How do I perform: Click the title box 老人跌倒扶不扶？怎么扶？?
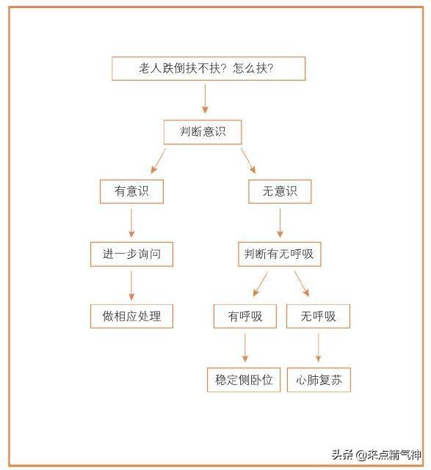click(x=209, y=69)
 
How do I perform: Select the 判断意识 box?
click(x=203, y=132)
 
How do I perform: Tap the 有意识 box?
click(x=131, y=191)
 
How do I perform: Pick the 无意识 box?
click(x=280, y=191)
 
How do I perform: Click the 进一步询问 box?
click(x=131, y=254)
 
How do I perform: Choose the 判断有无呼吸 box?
click(x=280, y=254)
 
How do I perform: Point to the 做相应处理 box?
click(x=131, y=316)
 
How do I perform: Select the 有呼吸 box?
click(x=245, y=316)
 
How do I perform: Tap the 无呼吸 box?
click(x=319, y=316)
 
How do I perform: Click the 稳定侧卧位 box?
click(x=244, y=380)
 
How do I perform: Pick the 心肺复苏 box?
click(x=319, y=380)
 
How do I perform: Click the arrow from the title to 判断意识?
click(x=206, y=98)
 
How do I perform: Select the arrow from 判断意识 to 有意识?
click(x=158, y=161)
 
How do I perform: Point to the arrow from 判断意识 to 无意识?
click(x=248, y=161)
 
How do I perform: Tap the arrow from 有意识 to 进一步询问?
click(x=131, y=224)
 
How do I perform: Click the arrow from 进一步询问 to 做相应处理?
click(x=131, y=286)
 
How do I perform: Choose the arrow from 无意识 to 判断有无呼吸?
click(x=280, y=224)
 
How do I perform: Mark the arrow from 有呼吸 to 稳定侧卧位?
click(x=245, y=348)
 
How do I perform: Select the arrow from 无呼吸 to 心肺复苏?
click(x=319, y=348)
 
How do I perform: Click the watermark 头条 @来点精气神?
click(x=377, y=455)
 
